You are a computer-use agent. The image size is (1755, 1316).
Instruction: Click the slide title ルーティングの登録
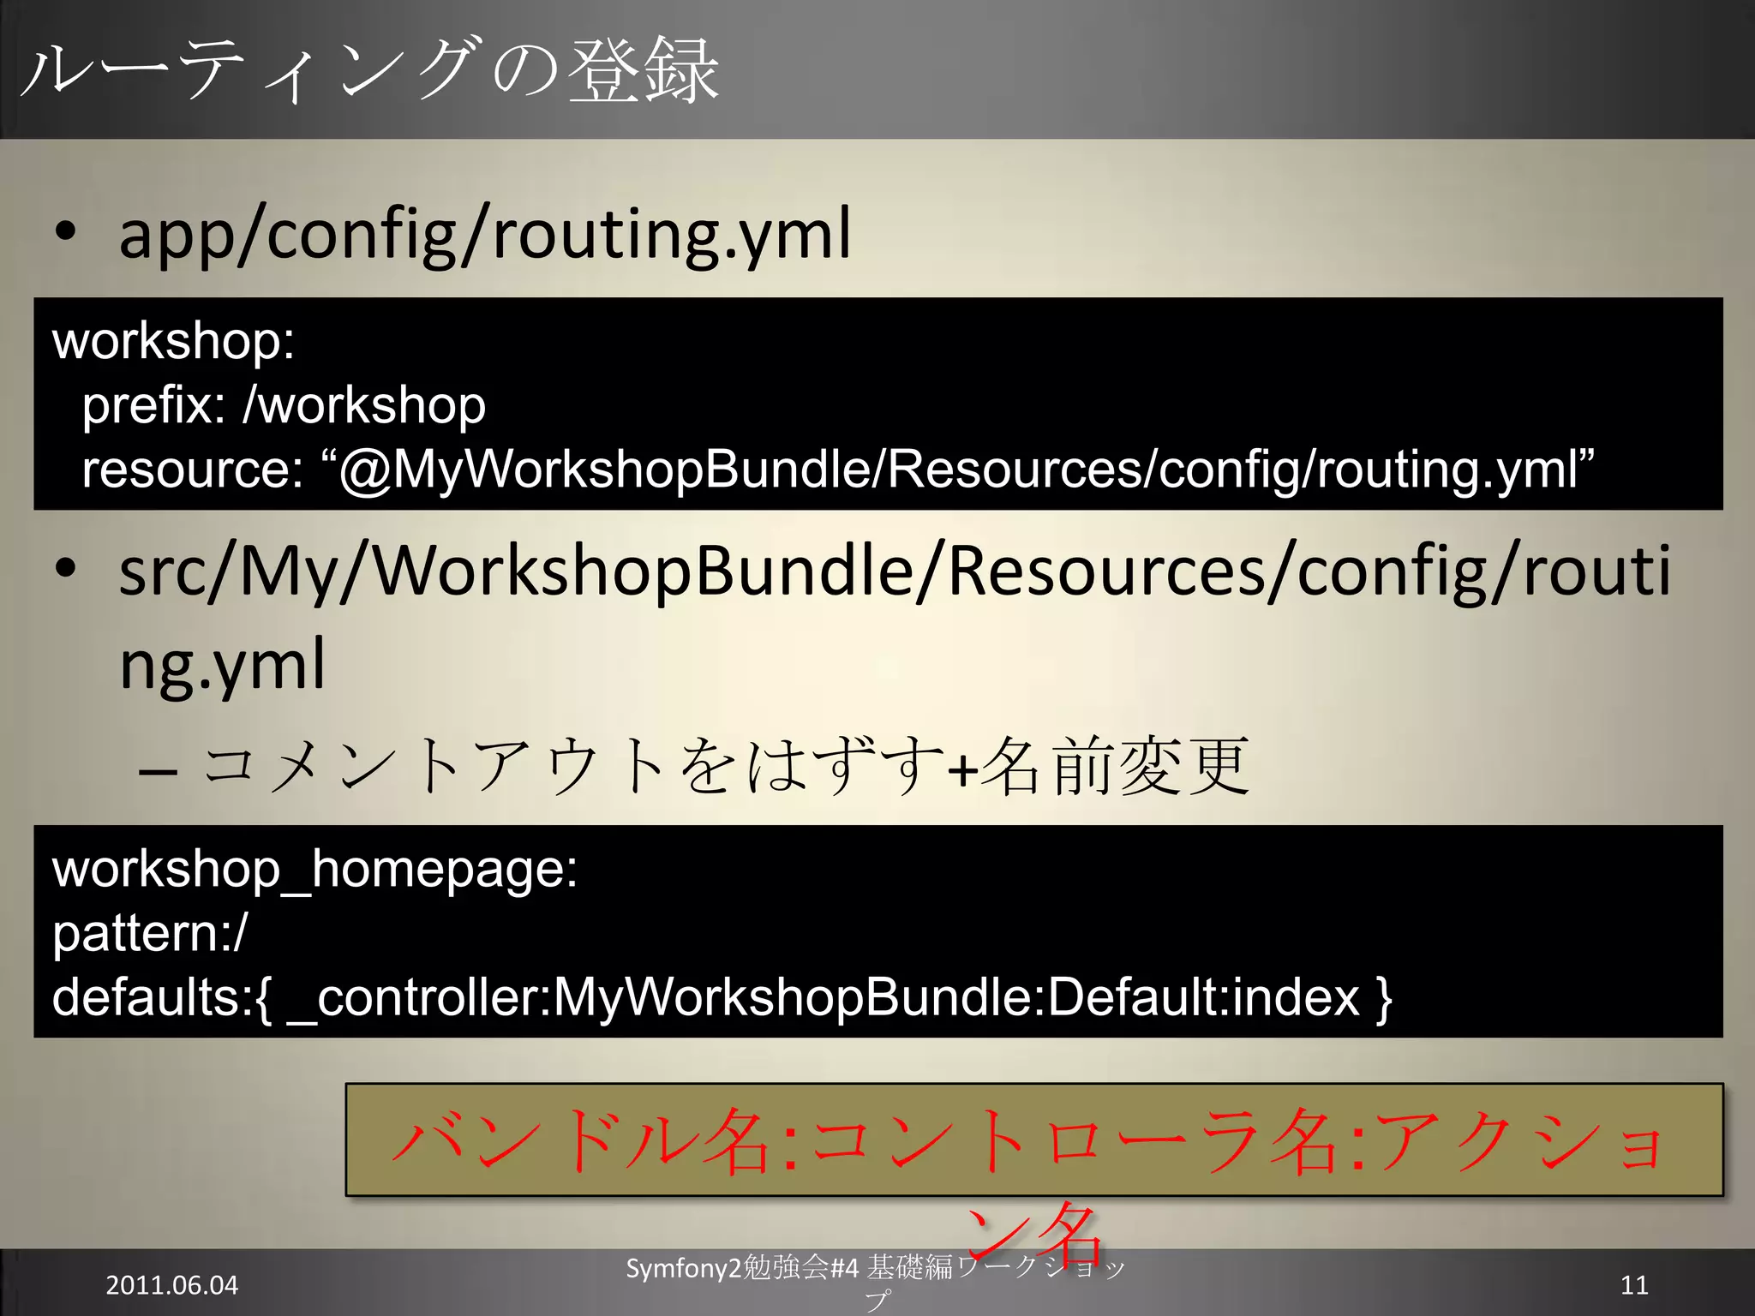[x=368, y=70]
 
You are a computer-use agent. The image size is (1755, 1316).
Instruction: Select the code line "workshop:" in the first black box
[x=173, y=341]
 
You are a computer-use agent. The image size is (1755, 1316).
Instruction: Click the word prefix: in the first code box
[x=153, y=405]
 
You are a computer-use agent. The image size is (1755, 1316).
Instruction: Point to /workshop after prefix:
[x=365, y=405]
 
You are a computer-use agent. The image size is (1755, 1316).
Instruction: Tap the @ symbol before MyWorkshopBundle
[x=365, y=470]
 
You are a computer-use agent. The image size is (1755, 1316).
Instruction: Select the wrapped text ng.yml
[x=222, y=665]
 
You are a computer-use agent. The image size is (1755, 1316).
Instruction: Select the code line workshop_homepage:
[x=314, y=869]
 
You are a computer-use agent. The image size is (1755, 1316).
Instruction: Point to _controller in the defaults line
[x=416, y=997]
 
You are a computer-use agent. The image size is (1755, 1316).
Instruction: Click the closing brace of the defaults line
[x=1383, y=997]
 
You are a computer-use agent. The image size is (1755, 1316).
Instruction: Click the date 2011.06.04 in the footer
[x=171, y=1285]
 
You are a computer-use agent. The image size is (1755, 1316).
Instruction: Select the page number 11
[x=1634, y=1285]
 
